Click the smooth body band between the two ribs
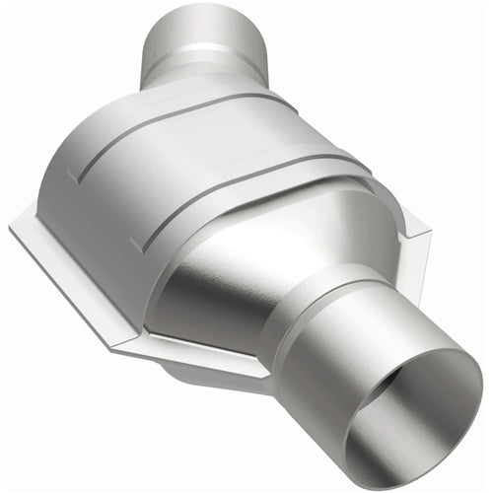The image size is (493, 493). [x=197, y=163]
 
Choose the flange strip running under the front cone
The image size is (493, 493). [x=197, y=350]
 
